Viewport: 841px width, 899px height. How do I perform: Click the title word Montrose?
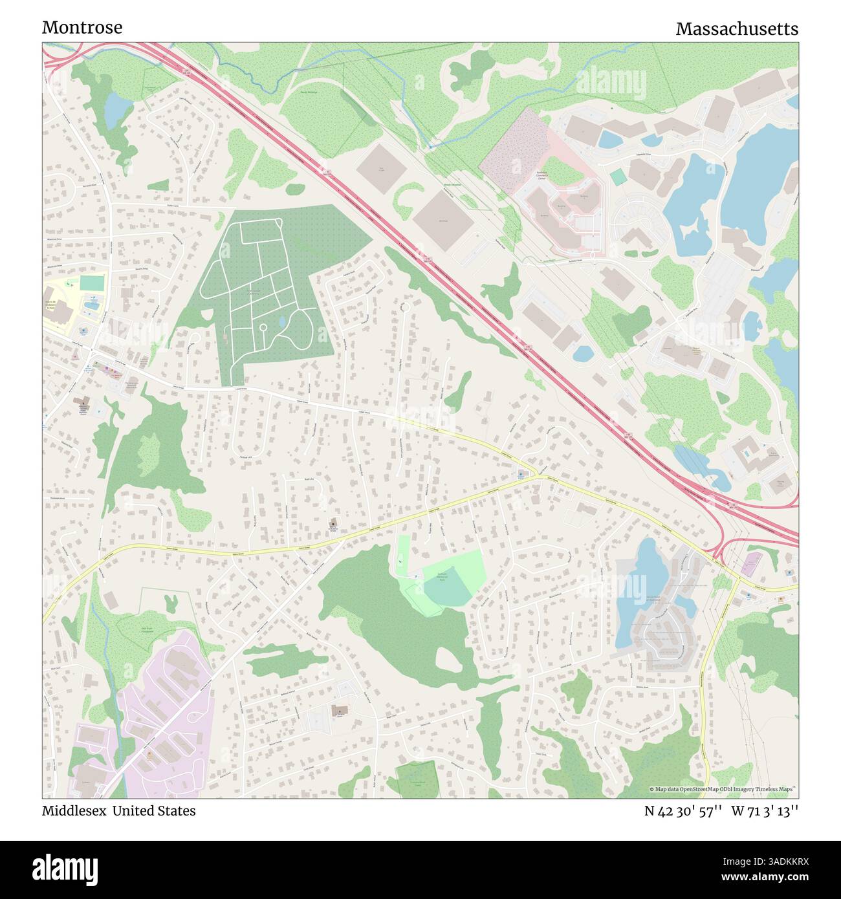click(x=82, y=28)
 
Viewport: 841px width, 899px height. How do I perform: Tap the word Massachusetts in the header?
click(x=736, y=29)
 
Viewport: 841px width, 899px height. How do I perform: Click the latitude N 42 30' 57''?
click(x=683, y=811)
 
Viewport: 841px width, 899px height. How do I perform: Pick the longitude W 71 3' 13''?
click(x=765, y=811)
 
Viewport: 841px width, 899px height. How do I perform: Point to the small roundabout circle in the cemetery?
click(x=263, y=327)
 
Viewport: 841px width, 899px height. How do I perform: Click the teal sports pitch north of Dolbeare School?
click(x=92, y=283)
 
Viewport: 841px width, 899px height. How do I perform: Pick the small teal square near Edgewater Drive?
click(x=618, y=177)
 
